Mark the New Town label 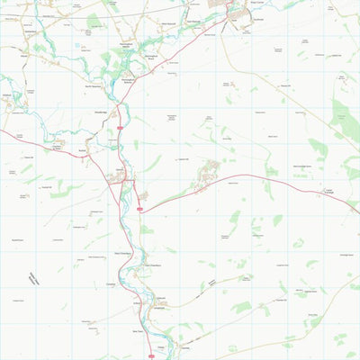(x=139, y=330)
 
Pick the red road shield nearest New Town (x=149, y=355)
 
